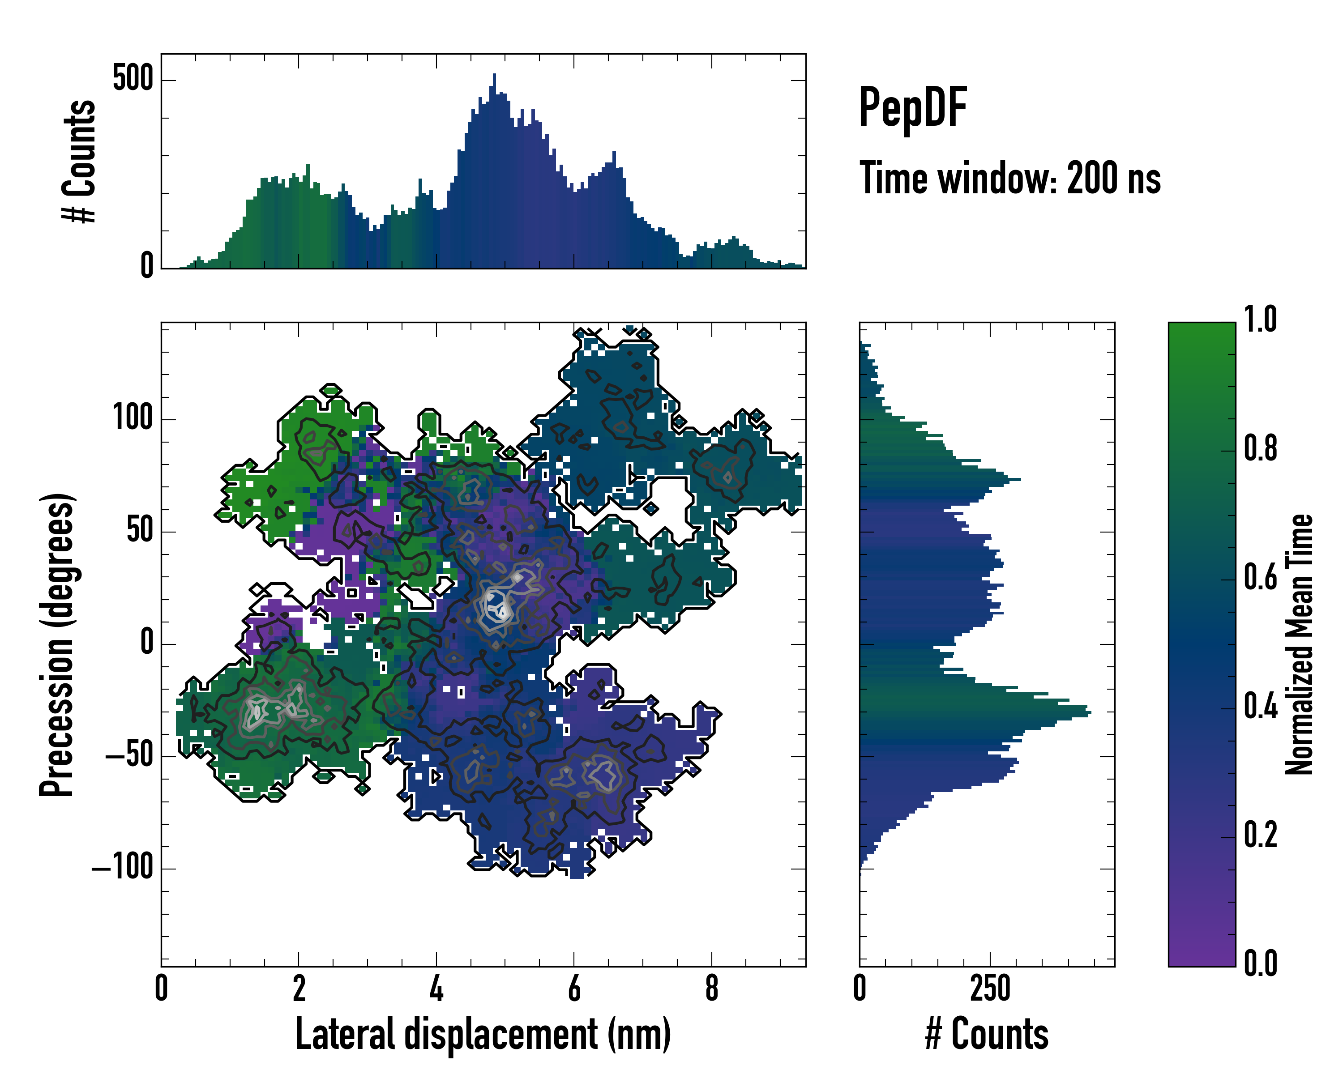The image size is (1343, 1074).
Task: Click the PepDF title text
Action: [x=912, y=108]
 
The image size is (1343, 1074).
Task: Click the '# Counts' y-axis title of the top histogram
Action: [x=79, y=161]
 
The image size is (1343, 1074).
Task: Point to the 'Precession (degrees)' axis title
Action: [x=57, y=644]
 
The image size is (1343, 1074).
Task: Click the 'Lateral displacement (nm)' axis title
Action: [x=483, y=1034]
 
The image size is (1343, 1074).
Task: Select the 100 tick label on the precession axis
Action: [x=133, y=418]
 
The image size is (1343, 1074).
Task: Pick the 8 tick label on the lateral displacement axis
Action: [x=711, y=988]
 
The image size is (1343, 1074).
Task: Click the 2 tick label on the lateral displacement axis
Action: [x=299, y=988]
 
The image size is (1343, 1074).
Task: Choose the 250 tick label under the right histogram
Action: [x=990, y=988]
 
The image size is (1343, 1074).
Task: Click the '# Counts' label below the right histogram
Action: [x=987, y=1034]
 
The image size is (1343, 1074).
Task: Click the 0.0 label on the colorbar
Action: [x=1260, y=963]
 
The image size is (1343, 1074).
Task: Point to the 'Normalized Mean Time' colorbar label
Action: [x=1300, y=644]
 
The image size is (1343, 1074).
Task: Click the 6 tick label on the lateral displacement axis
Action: [x=574, y=988]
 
